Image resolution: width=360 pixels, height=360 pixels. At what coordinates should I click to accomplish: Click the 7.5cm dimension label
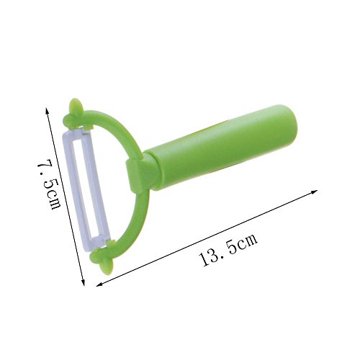pos(48,184)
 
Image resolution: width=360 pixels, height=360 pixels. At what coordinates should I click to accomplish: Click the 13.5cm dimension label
pos(229,250)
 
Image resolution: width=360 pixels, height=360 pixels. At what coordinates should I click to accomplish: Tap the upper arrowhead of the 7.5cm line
pos(48,111)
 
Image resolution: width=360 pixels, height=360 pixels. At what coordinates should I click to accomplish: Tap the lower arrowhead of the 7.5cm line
pos(84,283)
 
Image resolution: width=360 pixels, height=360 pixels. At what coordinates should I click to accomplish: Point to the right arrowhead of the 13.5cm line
pos(315,192)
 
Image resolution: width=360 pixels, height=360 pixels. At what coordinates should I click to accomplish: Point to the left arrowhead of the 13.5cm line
pos(99,284)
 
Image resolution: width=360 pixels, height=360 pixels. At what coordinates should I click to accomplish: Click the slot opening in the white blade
pos(84,189)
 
